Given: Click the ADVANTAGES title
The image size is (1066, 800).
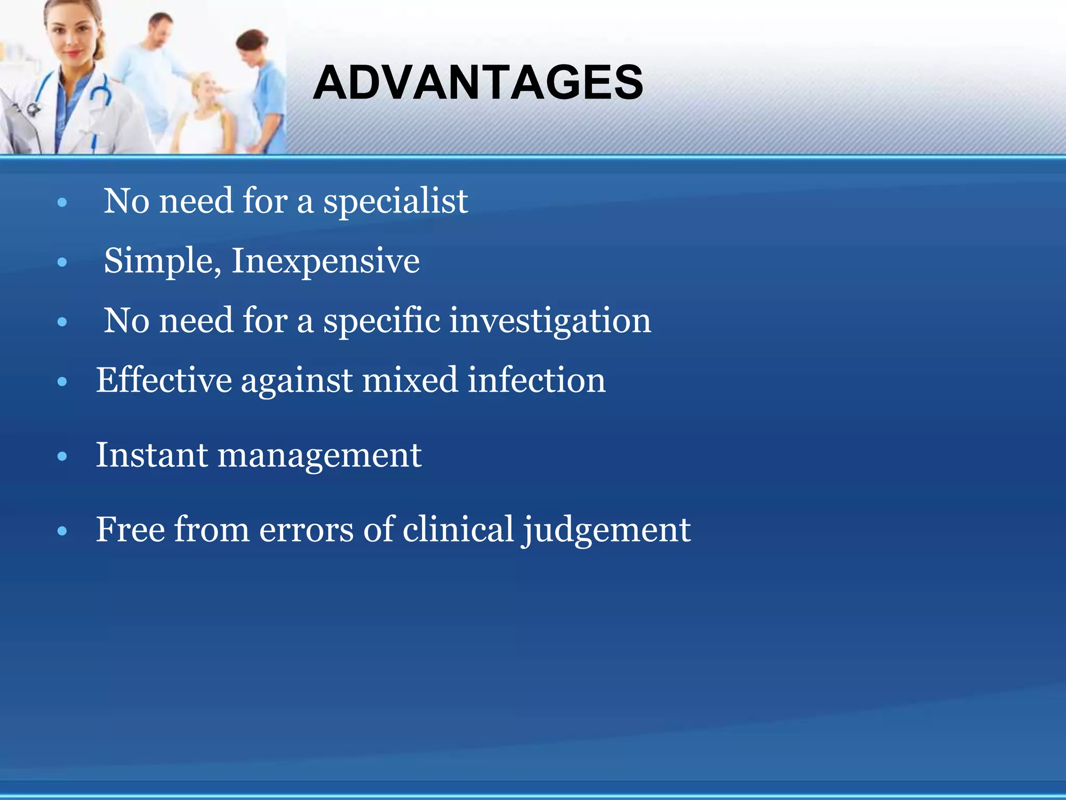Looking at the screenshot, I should pos(478,83).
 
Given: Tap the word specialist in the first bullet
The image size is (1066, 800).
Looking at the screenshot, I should pos(396,202).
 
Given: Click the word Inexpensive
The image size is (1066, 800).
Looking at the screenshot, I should pos(325,261).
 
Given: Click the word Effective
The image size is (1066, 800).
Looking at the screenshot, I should pos(164,380).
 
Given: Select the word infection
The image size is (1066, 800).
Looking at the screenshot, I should pos(537,380).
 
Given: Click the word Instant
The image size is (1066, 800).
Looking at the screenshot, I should pos(152,455).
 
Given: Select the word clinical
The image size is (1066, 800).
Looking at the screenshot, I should pos(458,530).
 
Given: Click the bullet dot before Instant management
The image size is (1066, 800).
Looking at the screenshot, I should pos(62,457).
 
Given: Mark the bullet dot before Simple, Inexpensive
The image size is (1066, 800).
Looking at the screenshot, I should pos(62,262).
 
